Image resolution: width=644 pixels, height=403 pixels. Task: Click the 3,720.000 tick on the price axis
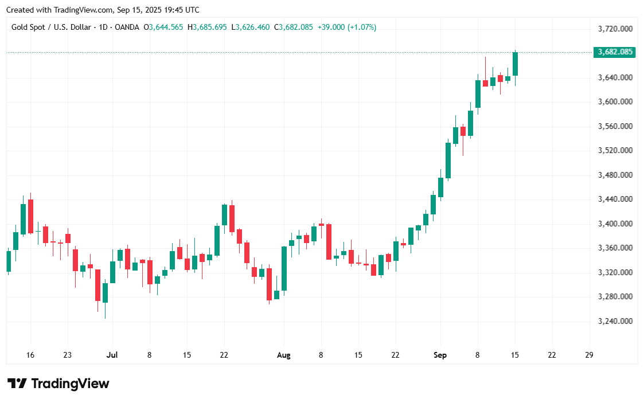click(615, 29)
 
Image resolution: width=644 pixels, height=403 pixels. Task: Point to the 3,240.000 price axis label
click(615, 321)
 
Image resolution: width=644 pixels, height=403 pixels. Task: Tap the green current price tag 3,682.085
click(615, 52)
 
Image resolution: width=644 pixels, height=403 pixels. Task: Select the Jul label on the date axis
click(112, 355)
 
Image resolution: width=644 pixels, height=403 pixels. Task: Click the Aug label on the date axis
click(283, 355)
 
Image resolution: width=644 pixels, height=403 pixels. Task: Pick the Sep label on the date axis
click(440, 355)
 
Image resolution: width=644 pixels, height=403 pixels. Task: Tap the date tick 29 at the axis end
click(589, 355)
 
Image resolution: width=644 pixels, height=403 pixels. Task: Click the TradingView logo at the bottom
click(58, 384)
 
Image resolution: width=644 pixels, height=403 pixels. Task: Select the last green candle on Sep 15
click(515, 64)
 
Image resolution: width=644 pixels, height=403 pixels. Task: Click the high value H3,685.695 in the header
click(210, 27)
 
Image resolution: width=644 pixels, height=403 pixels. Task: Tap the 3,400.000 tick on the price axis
click(615, 224)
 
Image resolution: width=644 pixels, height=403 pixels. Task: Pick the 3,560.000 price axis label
click(615, 126)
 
